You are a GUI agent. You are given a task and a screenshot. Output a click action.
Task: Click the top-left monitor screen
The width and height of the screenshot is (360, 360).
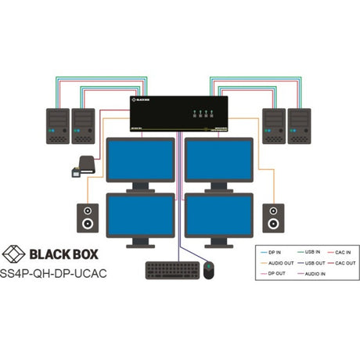(140, 158)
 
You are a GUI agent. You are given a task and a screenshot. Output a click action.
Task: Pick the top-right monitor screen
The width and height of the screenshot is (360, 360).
(218, 158)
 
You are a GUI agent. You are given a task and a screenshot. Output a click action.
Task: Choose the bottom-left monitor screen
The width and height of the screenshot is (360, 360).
(140, 214)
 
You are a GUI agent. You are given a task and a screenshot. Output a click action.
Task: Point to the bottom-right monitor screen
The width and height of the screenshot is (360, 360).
(218, 214)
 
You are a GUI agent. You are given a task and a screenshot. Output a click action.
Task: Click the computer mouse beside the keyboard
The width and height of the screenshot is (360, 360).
(208, 270)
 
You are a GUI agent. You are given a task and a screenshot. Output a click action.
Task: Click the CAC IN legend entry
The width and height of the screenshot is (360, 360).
(344, 252)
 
